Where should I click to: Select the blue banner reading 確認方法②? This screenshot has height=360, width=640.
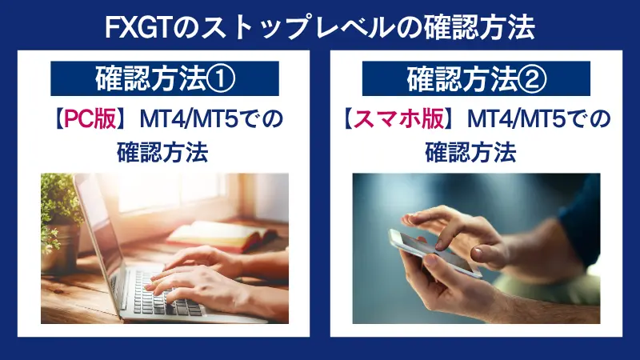pos(475,79)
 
